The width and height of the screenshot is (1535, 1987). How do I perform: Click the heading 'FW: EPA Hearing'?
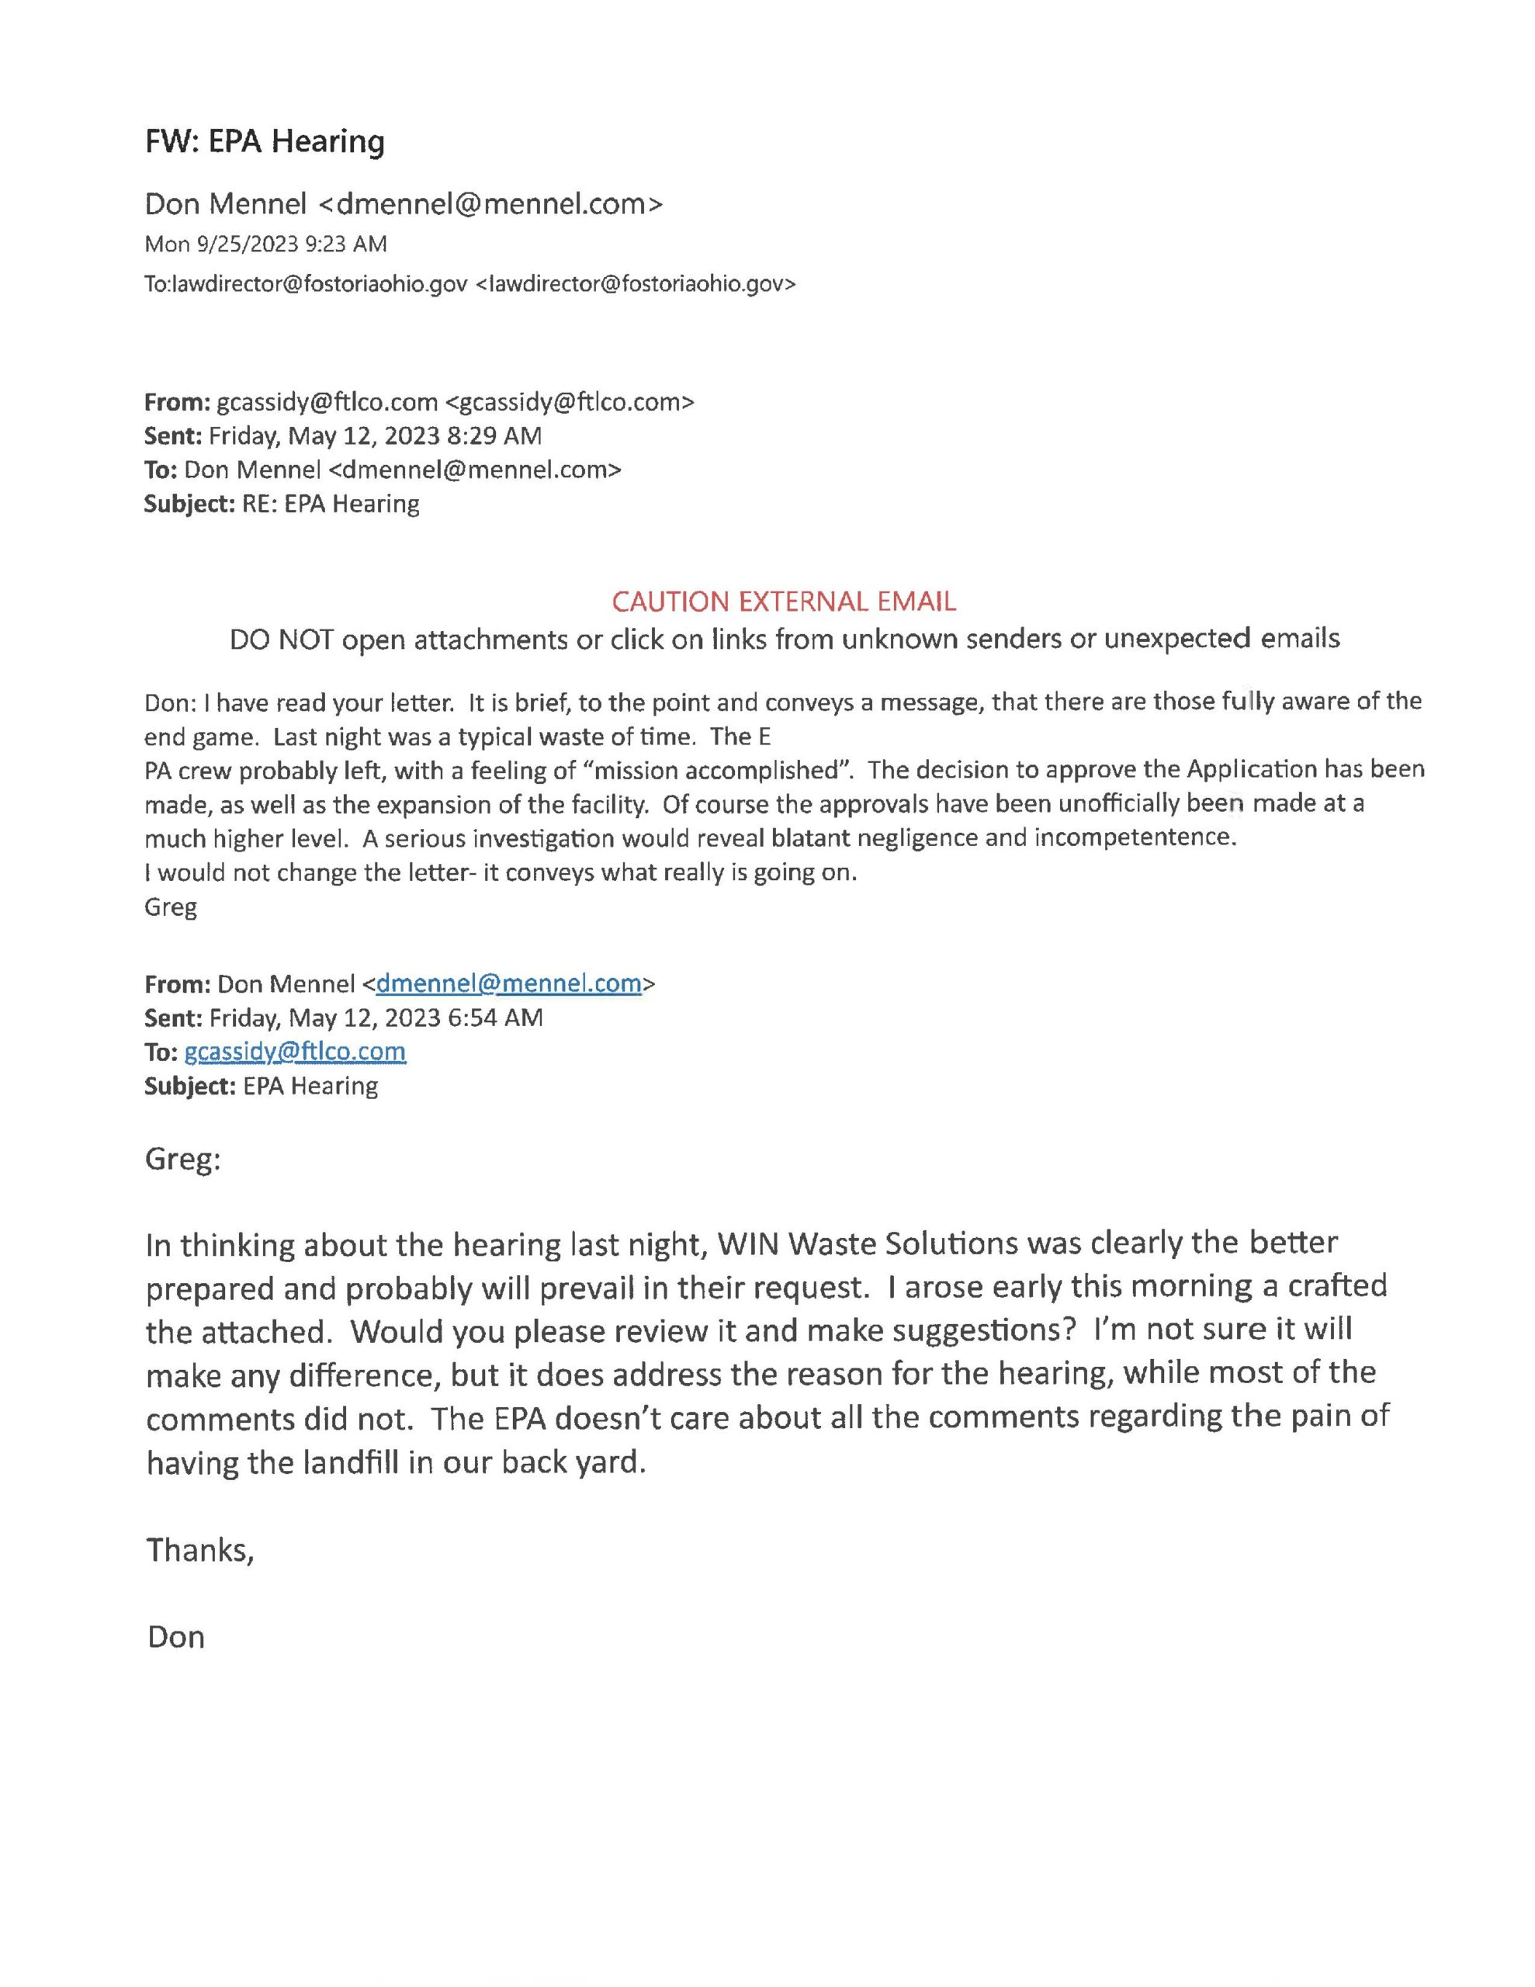(264, 142)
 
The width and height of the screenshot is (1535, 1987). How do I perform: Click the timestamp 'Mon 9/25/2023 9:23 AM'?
(265, 244)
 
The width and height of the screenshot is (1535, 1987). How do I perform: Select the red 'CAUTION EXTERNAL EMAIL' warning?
(784, 602)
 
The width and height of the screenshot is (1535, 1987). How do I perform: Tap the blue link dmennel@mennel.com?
(508, 983)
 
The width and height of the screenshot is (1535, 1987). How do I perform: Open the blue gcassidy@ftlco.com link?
(295, 1052)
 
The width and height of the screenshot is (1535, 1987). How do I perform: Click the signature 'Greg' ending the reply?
(170, 907)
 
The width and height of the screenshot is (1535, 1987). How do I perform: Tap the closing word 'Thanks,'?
(200, 1549)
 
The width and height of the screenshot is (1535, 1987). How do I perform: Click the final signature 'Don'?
(175, 1637)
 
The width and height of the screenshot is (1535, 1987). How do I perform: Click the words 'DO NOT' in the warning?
(281, 640)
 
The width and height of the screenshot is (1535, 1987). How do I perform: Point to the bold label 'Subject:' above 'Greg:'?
(190, 1087)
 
